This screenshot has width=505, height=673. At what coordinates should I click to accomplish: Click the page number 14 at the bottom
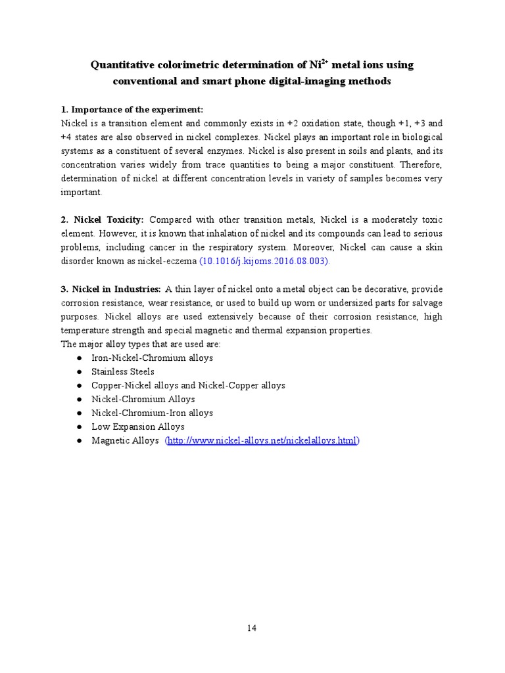click(x=252, y=628)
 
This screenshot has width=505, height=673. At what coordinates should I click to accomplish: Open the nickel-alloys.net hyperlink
click(x=262, y=441)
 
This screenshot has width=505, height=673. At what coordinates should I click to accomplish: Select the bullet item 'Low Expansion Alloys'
click(x=137, y=427)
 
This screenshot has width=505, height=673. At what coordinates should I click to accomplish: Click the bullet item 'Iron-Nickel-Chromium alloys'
click(x=152, y=358)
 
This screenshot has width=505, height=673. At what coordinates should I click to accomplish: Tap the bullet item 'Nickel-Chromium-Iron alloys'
click(x=152, y=413)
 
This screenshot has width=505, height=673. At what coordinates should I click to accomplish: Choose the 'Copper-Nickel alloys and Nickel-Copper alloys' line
click(x=188, y=386)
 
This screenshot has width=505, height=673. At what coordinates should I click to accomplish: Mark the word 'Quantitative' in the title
click(x=123, y=65)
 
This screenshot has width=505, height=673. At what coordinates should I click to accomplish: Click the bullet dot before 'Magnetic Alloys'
click(x=79, y=441)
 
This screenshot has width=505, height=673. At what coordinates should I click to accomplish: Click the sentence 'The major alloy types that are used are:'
click(x=141, y=344)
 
